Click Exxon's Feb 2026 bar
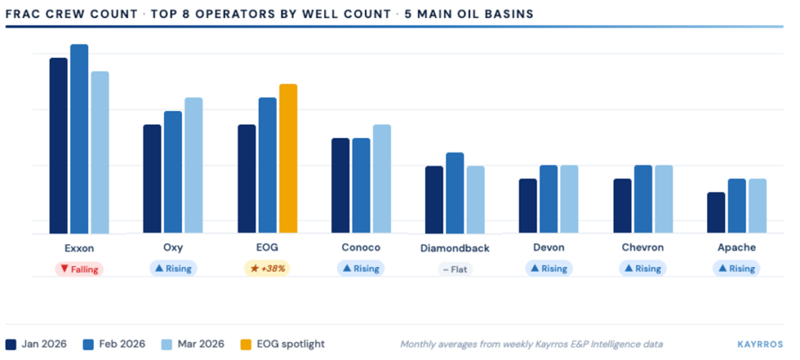point(79,139)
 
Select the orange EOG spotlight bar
point(288,159)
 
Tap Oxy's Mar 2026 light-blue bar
point(194,166)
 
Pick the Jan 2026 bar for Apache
point(716,212)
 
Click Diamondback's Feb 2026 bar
point(455,193)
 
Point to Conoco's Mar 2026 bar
point(381,179)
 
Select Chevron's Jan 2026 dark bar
point(622,206)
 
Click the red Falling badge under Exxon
point(79,269)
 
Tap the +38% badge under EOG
point(267,269)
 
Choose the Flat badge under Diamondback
point(455,269)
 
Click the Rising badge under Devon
point(548,269)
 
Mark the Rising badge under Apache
point(736,269)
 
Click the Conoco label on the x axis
point(361,248)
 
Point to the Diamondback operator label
point(455,248)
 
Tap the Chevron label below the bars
point(642,248)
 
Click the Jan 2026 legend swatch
point(11,344)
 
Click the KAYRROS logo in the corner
point(760,344)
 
